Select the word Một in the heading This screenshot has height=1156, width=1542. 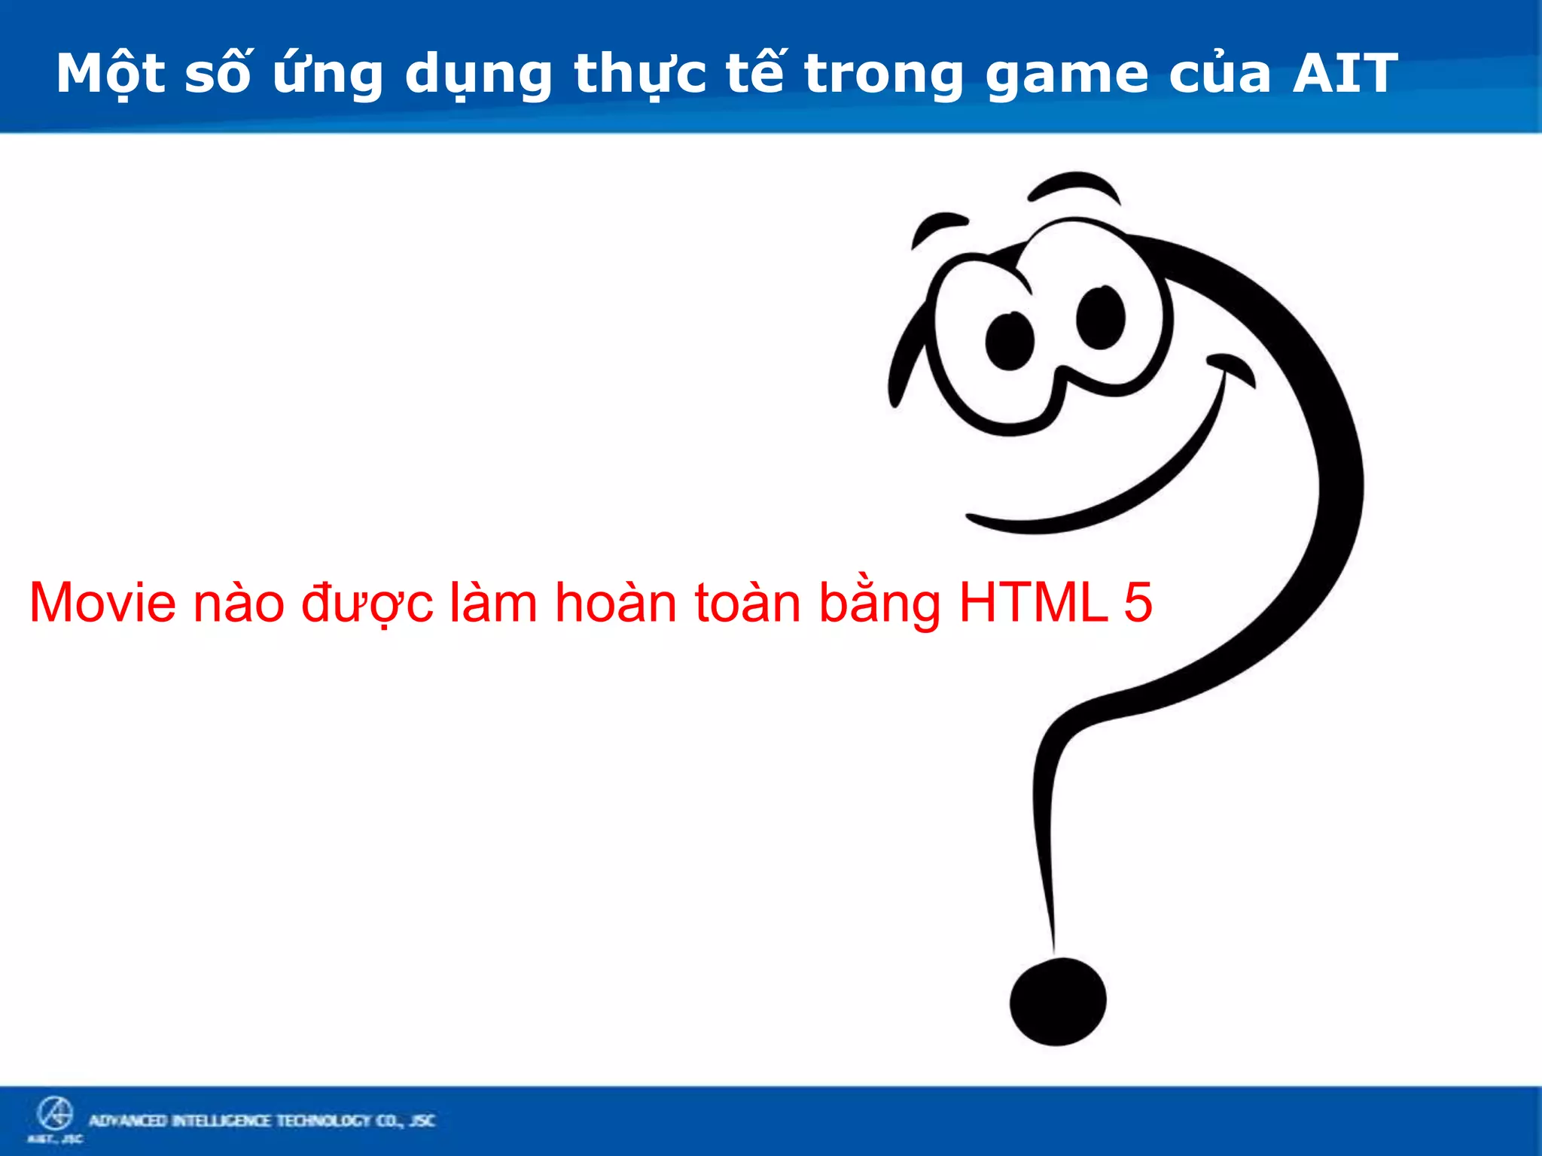coord(110,74)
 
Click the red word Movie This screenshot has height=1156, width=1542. coord(102,603)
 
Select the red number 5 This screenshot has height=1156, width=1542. coord(1138,603)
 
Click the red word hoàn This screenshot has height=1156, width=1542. coord(616,603)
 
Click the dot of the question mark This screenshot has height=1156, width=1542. coord(1058,1002)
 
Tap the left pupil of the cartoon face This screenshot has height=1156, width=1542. coord(1010,341)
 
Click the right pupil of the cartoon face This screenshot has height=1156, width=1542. coord(1100,318)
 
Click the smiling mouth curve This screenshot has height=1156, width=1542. coord(1114,489)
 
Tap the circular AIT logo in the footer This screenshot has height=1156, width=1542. coord(55,1113)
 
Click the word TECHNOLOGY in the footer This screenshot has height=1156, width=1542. coord(324,1121)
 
